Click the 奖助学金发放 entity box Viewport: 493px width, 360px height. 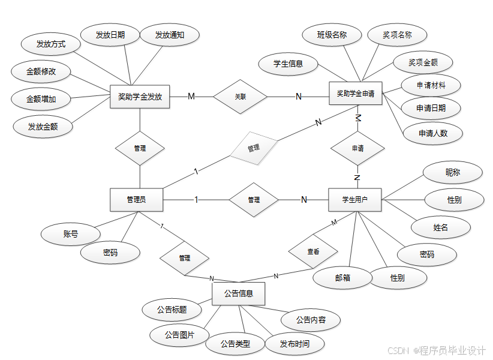click(x=140, y=97)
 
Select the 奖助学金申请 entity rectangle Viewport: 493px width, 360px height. click(x=356, y=94)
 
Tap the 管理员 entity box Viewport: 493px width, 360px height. click(x=136, y=200)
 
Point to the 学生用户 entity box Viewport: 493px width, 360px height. click(x=355, y=200)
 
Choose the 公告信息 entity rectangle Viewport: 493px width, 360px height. click(x=239, y=294)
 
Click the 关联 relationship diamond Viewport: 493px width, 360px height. click(x=240, y=97)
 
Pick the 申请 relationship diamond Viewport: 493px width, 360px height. click(x=357, y=148)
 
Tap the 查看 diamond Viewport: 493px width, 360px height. click(x=313, y=252)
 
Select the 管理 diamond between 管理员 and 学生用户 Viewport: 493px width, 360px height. click(x=254, y=200)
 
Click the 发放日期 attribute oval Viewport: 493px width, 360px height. click(x=110, y=35)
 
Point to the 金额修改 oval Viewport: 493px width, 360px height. click(x=41, y=71)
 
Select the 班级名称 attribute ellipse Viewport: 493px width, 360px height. click(x=332, y=35)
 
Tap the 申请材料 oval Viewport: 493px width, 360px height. click(x=431, y=85)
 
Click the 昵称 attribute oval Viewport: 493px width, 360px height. click(x=453, y=173)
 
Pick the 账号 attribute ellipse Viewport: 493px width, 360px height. click(x=70, y=234)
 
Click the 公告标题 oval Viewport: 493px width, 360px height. click(x=172, y=310)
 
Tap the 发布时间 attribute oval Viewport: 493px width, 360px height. click(x=295, y=344)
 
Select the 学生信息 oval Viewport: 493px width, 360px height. click(x=288, y=64)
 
